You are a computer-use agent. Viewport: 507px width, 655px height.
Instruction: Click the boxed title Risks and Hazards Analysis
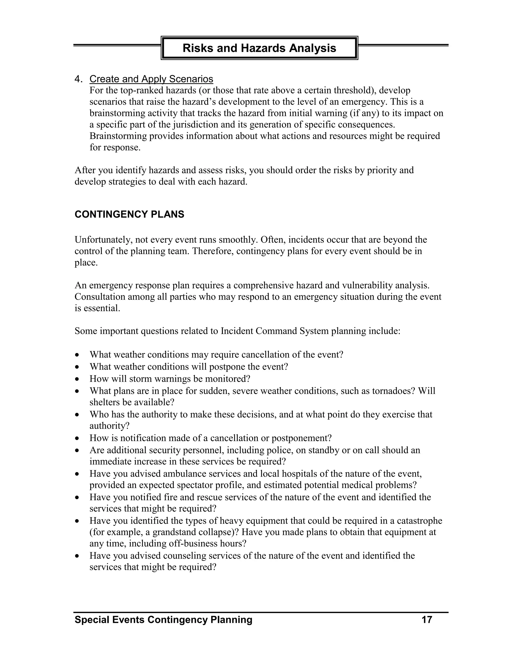[259, 48]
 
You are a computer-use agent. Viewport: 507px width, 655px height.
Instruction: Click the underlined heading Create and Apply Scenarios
[151, 79]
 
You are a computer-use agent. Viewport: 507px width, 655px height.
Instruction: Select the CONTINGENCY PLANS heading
[129, 215]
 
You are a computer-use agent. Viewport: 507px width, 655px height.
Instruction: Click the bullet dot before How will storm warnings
[77, 379]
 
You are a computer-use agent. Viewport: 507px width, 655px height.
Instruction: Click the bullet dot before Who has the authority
[77, 415]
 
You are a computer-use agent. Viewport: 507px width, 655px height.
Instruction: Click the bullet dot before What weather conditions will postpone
[77, 367]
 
